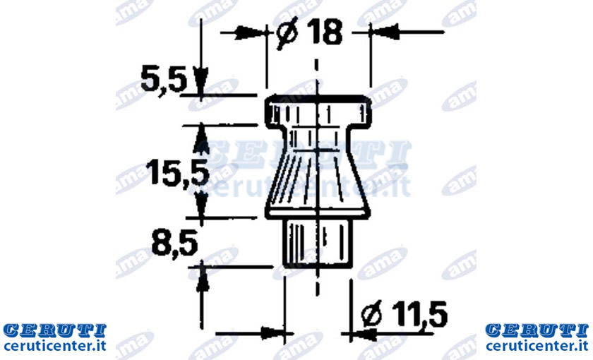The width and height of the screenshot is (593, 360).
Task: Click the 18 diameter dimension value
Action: [325, 32]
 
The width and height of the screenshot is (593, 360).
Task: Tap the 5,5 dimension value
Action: [164, 80]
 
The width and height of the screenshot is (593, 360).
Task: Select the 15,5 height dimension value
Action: [178, 173]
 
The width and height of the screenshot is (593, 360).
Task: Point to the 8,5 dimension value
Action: [175, 245]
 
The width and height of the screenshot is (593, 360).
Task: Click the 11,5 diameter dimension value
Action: [419, 314]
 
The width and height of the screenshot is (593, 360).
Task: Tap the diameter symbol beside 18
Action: [287, 33]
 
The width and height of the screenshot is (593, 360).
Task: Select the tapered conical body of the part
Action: [318, 172]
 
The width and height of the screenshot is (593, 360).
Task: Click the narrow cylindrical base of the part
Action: [318, 243]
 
